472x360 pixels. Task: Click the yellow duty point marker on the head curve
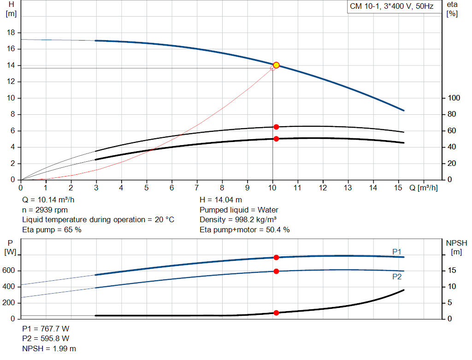(276, 65)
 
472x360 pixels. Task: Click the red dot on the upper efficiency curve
(276, 127)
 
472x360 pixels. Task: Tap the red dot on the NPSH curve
(276, 313)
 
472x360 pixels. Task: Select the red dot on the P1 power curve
(276, 257)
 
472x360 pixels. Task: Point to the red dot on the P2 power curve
(276, 271)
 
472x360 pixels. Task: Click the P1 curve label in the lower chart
(397, 251)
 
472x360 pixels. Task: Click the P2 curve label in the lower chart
(397, 277)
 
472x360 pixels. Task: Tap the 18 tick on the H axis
(12, 33)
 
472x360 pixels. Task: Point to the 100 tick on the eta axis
(454, 98)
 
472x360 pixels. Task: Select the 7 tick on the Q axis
(197, 188)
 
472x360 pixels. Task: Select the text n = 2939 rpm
(45, 210)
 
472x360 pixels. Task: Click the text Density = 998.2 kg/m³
(238, 219)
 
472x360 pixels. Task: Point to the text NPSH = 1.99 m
(49, 348)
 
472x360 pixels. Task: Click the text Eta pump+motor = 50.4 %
(244, 230)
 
